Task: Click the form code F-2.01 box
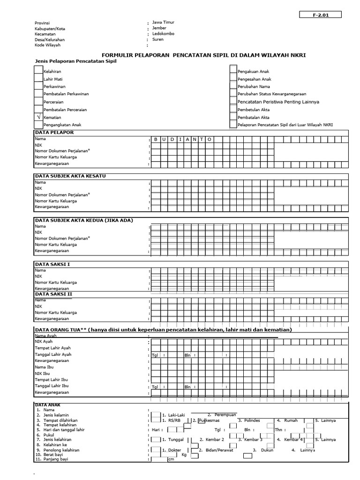tap(321, 15)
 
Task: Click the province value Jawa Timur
tap(163, 22)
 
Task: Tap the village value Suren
tap(158, 40)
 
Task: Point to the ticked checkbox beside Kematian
tap(38, 117)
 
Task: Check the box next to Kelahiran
tap(38, 71)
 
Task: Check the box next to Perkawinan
tap(38, 87)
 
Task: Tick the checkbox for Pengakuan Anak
tap(233, 71)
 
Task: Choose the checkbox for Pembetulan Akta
tap(233, 109)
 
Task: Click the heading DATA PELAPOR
tap(54, 133)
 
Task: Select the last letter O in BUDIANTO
tap(210, 139)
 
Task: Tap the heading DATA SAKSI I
tap(52, 264)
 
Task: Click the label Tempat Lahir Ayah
tap(52, 348)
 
